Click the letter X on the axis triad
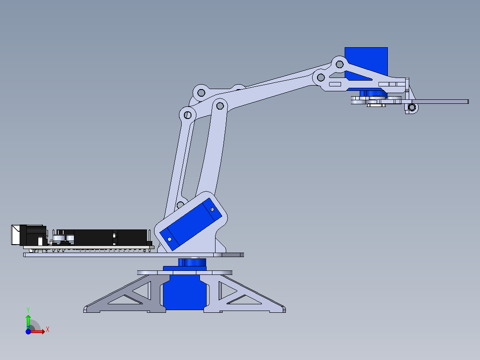point(47,329)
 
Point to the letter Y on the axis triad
point(28,309)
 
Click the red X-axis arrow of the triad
point(38,331)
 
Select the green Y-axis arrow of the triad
point(28,321)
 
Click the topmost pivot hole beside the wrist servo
point(339,64)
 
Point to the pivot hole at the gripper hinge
point(412,107)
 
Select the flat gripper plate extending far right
point(441,102)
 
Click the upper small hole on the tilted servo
point(212,209)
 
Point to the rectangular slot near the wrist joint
point(335,84)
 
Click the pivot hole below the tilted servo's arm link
point(180,205)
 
